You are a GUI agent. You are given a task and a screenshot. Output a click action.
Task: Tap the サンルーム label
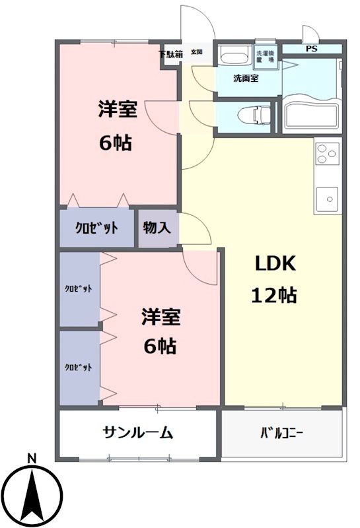[x=137, y=433]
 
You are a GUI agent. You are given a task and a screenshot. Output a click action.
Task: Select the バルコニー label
[x=281, y=434]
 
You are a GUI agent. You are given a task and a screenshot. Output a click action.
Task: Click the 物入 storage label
[x=157, y=228]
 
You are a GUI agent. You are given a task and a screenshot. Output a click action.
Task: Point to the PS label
[x=310, y=49]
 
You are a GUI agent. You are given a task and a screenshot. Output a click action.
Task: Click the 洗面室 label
[x=246, y=78]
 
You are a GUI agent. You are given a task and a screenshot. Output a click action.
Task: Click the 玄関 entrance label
[x=197, y=52]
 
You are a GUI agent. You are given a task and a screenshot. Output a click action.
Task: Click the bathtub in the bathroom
[x=311, y=115]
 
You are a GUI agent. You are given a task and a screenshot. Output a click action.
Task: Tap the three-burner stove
[x=326, y=154]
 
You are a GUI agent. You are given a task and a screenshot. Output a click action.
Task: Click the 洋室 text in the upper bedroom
[x=118, y=110]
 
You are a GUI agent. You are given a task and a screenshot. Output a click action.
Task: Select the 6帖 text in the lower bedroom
[x=160, y=346]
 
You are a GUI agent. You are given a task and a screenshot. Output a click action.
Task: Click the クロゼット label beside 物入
[x=97, y=228]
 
